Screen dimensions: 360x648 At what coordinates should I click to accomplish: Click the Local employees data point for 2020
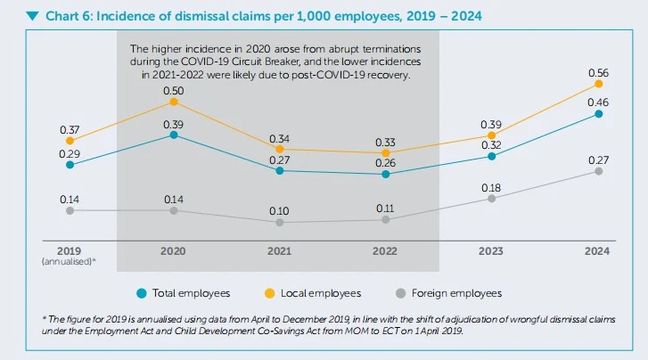[174, 102]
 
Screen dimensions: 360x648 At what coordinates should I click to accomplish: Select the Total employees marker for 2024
[599, 114]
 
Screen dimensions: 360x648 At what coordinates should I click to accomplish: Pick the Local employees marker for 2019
[70, 141]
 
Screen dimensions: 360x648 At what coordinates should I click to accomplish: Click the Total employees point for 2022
[385, 175]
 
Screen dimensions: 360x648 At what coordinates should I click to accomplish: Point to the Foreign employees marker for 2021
[280, 222]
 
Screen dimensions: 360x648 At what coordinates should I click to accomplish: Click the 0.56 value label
[599, 71]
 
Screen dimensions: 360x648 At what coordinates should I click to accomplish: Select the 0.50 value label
[174, 90]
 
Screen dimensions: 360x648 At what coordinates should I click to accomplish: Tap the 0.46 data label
[599, 102]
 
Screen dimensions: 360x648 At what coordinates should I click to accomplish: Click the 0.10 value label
[280, 210]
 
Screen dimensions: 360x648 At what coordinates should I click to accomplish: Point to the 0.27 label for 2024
[599, 160]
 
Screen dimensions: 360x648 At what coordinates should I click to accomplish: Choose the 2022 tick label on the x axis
[385, 251]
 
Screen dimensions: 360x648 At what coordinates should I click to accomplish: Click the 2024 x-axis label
[598, 251]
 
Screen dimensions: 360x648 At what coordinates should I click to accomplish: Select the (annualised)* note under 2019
[70, 262]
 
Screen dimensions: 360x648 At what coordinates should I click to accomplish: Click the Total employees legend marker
[142, 292]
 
